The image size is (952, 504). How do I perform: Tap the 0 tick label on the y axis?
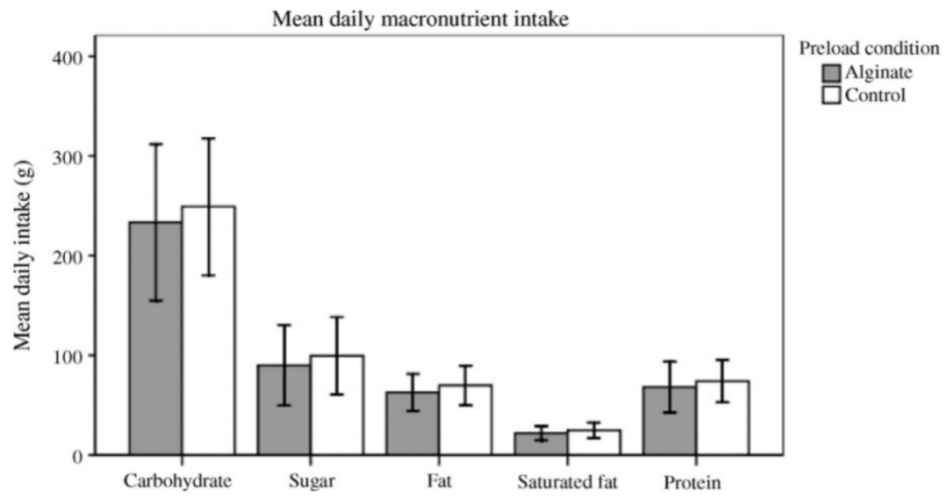pos(77,456)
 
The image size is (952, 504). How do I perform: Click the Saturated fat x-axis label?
pos(567,482)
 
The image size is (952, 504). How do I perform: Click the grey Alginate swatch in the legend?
pos(831,73)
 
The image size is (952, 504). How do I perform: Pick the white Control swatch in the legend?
pos(831,95)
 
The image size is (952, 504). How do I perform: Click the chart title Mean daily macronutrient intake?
pos(421,18)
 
